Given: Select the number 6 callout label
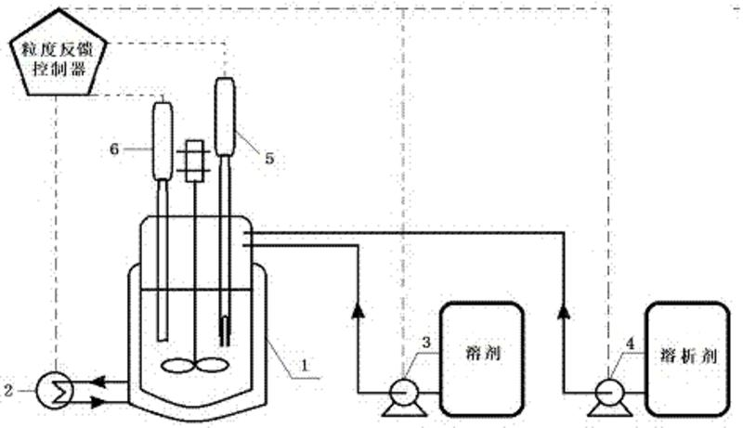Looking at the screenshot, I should pos(115,146).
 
